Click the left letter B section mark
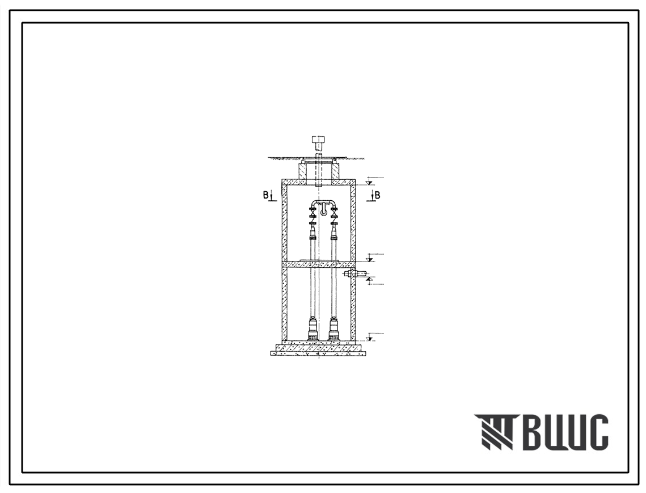266,195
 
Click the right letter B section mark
377,195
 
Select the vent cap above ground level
319,142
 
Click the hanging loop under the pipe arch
324,211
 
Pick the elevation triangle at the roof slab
369,182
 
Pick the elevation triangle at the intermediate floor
370,259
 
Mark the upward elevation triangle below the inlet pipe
370,279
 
